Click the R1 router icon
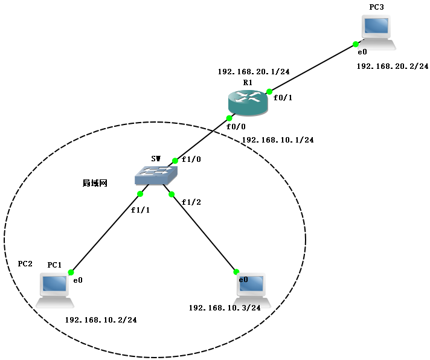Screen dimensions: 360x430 [249, 101]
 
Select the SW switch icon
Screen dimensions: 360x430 [156, 175]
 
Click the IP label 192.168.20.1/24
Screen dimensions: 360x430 [254, 72]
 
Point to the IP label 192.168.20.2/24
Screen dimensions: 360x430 [393, 66]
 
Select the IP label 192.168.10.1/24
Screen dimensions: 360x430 [278, 140]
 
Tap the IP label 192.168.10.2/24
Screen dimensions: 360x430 [101, 320]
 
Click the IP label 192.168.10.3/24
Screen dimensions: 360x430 [225, 307]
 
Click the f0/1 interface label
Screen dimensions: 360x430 [283, 97]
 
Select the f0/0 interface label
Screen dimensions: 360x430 [236, 127]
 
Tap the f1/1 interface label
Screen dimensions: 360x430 [140, 210]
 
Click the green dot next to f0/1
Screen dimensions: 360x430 [269, 92]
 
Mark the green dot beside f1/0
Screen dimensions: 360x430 [175, 161]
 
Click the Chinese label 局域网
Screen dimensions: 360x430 [95, 182]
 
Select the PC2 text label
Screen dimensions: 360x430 [25, 264]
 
